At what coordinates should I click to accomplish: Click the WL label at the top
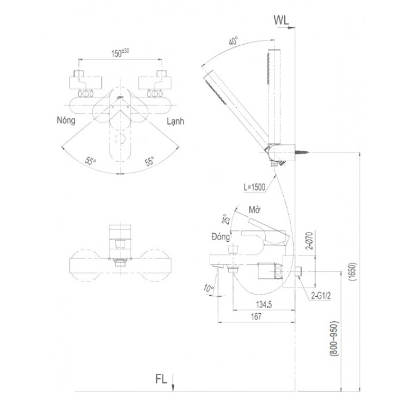pyautogui.click(x=283, y=20)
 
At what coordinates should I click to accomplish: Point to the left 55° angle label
pyautogui.click(x=90, y=161)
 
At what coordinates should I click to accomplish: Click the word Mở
pyautogui.click(x=254, y=210)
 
